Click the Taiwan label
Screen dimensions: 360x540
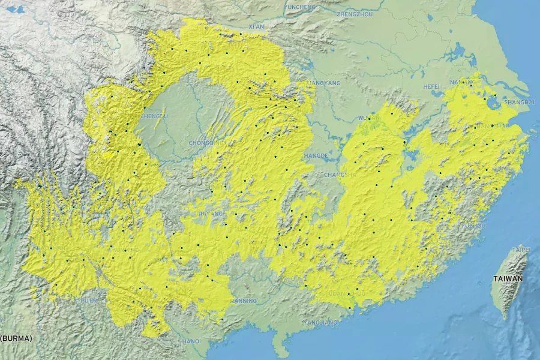[508, 278]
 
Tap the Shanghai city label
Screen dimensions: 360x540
[520, 103]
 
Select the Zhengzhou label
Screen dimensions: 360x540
[355, 13]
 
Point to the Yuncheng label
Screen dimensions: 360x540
[300, 7]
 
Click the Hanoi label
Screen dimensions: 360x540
[191, 341]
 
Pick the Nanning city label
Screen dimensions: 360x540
[244, 301]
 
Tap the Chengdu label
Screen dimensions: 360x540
[154, 116]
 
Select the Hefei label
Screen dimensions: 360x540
[431, 86]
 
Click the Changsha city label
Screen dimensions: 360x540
[340, 175]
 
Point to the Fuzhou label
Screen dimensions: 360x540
[473, 225]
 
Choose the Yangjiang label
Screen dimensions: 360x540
[320, 322]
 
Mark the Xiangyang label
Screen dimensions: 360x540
[323, 83]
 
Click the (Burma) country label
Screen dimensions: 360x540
[16, 338]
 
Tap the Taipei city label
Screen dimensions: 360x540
[520, 249]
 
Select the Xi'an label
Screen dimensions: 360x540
[256, 27]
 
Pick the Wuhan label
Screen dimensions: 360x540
[368, 118]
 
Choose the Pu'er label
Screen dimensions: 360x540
[89, 299]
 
